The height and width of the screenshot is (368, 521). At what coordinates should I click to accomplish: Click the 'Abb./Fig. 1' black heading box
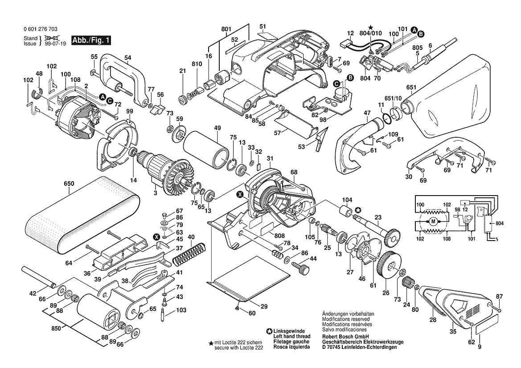pos(90,41)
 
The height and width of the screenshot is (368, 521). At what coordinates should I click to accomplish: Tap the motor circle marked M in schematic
pos(433,221)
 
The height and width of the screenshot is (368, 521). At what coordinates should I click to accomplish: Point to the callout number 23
pos(378,218)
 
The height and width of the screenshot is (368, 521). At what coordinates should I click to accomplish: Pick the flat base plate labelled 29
pos(241,288)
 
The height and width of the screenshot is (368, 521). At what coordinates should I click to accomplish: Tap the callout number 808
pos(279,235)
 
